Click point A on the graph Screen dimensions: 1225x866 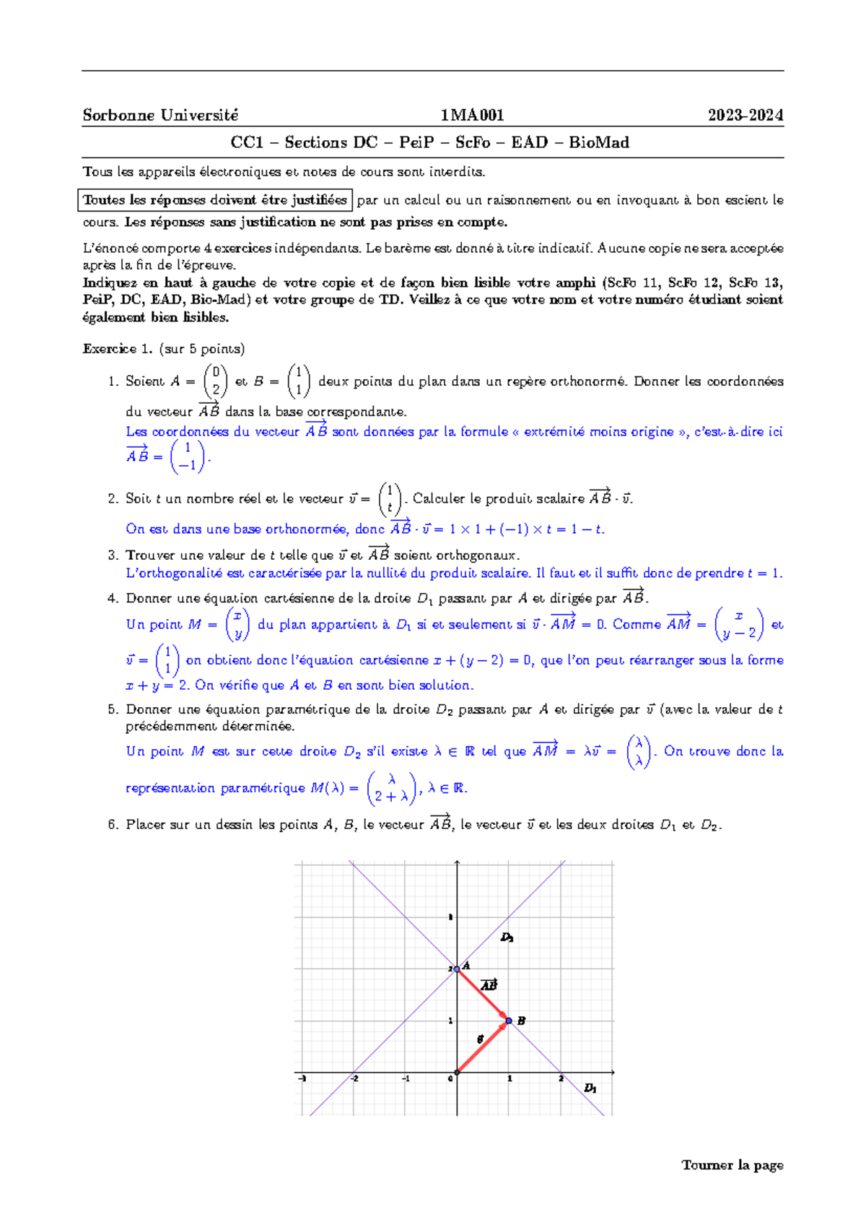457,969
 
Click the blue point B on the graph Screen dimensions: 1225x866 509,1021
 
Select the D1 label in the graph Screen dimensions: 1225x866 590,1088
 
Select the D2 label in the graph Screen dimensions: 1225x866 507,938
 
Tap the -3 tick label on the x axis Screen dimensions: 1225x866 302,1079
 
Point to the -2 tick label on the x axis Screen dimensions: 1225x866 354,1079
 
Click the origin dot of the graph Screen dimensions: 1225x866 457,1073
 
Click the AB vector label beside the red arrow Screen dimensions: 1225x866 489,985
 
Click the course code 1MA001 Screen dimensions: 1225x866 472,116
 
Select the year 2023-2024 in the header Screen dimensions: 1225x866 745,116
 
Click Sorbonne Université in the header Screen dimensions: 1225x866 160,116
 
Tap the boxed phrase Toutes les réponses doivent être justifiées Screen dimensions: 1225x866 215,200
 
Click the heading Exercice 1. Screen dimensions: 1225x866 118,349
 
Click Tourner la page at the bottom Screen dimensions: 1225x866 732,1165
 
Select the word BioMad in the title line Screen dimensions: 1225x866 599,142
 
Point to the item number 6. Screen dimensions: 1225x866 113,825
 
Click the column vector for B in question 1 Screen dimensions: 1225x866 299,381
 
